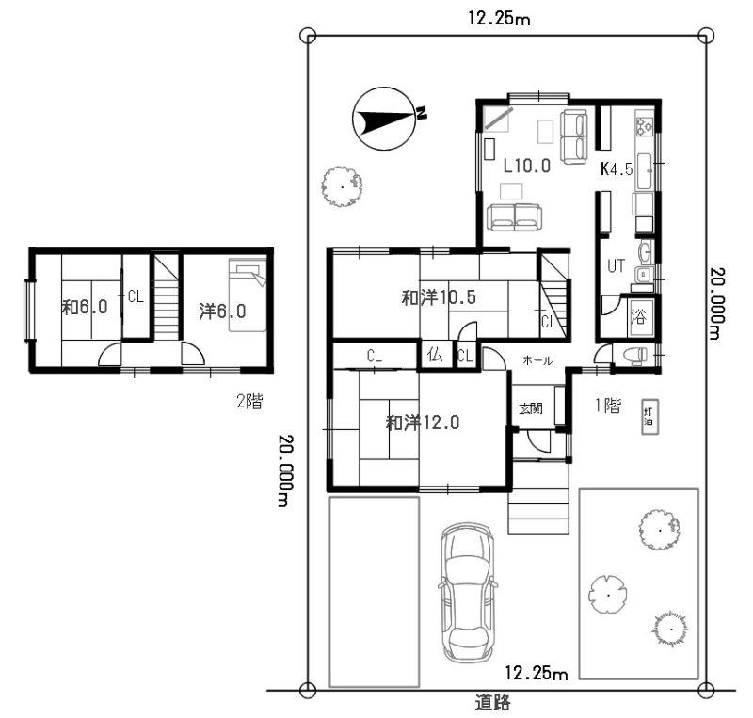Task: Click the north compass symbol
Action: tap(384, 119)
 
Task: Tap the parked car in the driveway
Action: tap(468, 592)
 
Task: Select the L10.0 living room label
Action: tap(527, 166)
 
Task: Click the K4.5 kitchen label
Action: tap(617, 168)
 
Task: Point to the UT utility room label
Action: tap(617, 265)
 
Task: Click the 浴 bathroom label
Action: tap(638, 316)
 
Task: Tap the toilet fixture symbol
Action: tap(634, 357)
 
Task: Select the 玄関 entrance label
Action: tap(531, 408)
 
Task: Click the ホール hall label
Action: tap(537, 360)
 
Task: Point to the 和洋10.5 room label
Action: tap(439, 297)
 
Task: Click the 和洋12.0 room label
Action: tap(423, 423)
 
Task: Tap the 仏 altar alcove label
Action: tap(435, 356)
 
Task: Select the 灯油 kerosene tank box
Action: tap(650, 417)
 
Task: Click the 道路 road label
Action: tap(492, 703)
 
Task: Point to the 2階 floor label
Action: tap(249, 401)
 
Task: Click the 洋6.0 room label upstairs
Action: tap(222, 311)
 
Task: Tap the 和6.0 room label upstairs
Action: tap(85, 308)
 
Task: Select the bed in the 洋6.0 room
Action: tap(248, 295)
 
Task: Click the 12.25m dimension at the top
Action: tap(500, 19)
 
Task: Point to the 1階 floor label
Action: tap(608, 406)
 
